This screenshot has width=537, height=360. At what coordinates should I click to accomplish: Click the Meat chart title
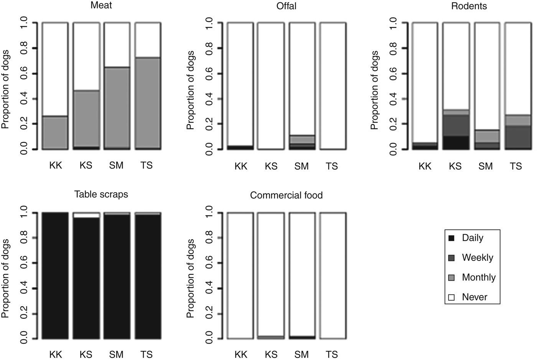101,6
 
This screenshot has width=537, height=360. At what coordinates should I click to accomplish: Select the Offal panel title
286,7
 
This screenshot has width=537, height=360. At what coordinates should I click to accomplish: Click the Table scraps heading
101,194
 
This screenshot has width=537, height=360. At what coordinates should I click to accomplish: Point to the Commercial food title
286,195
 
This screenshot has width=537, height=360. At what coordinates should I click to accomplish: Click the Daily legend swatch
451,238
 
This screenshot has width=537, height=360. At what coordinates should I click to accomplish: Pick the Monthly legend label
479,277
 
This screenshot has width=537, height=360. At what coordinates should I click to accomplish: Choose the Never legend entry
474,297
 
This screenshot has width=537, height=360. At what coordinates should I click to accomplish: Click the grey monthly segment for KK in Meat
55,132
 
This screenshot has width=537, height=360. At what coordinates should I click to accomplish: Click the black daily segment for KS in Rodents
456,143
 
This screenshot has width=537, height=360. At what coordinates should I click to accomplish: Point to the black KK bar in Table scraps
55,276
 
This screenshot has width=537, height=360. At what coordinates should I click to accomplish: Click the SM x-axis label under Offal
302,166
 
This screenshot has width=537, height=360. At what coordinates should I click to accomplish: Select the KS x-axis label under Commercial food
271,354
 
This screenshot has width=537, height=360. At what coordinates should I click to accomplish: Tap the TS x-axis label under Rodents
516,166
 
